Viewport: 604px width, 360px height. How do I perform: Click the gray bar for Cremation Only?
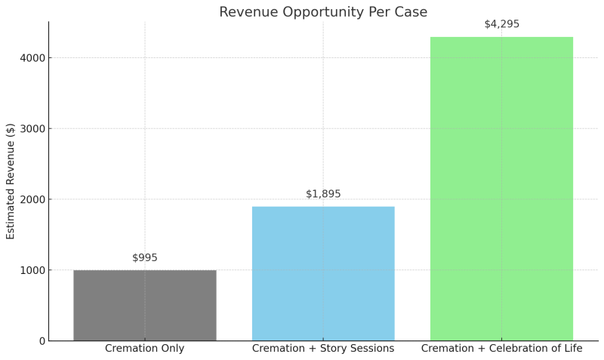coord(144,305)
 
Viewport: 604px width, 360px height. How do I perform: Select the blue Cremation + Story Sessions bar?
coord(323,273)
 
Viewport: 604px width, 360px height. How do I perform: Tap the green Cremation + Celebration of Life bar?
coord(501,189)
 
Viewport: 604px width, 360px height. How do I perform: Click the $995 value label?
coord(145,258)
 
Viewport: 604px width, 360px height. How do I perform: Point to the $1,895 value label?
coord(323,194)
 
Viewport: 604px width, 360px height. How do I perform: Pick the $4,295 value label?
coord(501,24)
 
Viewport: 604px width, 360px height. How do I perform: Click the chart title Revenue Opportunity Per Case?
coord(323,12)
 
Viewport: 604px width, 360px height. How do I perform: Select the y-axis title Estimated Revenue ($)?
coord(11,181)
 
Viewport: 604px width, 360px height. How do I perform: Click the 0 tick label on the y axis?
coord(42,341)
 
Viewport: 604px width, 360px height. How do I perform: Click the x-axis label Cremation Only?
coord(144,349)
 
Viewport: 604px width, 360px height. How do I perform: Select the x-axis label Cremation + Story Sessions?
coord(323,349)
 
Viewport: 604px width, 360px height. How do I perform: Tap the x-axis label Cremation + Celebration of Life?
coord(501,349)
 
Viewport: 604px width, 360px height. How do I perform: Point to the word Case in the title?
coord(433,12)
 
